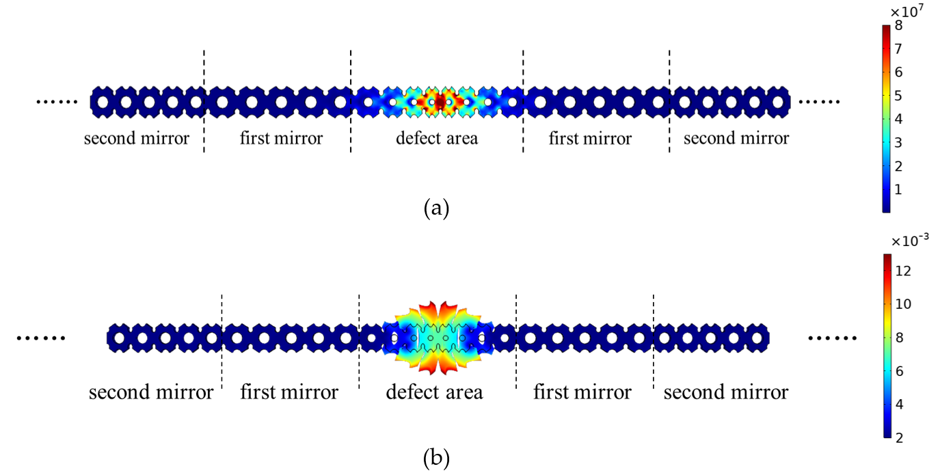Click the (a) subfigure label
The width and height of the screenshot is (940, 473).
[x=436, y=207]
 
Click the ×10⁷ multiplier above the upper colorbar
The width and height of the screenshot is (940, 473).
[x=907, y=10]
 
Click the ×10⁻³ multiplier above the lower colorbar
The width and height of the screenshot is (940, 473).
[x=909, y=240]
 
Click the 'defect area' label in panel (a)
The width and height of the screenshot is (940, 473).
[x=437, y=139]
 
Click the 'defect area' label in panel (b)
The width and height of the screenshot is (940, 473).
[x=434, y=392]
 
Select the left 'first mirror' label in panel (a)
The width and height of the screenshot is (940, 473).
[x=281, y=139]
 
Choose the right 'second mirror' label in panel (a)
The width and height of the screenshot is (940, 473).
[x=736, y=139]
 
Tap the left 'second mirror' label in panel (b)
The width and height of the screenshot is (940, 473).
[x=151, y=392]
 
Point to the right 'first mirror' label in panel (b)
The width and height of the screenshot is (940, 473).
[x=582, y=392]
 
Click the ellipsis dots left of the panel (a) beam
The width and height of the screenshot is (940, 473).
[x=57, y=102]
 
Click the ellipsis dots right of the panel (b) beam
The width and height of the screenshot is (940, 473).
[x=832, y=338]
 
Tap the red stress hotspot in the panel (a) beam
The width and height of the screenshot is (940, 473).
[x=440, y=101]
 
